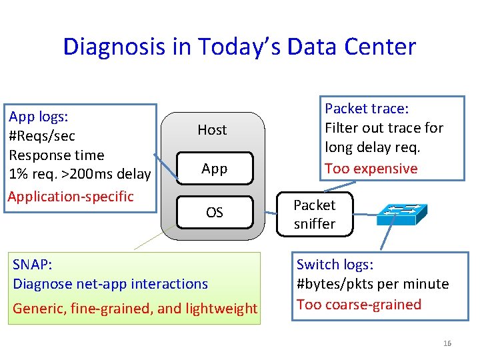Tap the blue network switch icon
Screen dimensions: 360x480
click(401, 214)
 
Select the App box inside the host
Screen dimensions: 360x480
click(214, 169)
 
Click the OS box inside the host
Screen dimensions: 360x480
click(214, 213)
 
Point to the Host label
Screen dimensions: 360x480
click(212, 130)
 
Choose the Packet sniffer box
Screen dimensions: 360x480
click(315, 215)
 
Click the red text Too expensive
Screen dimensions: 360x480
click(371, 169)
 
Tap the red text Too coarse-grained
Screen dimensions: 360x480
click(359, 305)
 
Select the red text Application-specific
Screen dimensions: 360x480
click(71, 197)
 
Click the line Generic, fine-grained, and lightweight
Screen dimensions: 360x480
click(135, 308)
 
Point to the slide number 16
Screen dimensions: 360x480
click(447, 343)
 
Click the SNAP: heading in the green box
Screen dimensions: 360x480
click(33, 265)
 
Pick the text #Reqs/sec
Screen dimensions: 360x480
click(42, 136)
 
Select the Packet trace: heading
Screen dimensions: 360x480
click(367, 109)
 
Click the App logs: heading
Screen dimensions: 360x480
click(39, 117)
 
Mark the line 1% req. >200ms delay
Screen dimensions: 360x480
click(80, 174)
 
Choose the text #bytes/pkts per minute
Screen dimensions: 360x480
click(373, 284)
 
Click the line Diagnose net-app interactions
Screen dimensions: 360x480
click(111, 284)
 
